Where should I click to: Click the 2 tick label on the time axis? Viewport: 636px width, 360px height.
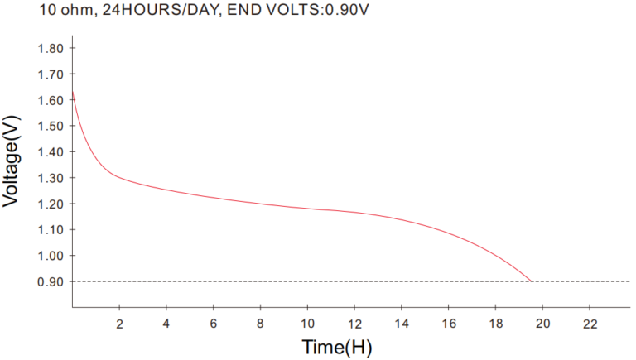click(119, 323)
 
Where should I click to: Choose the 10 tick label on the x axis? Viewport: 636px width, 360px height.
click(308, 323)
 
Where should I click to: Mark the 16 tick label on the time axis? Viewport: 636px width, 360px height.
click(449, 323)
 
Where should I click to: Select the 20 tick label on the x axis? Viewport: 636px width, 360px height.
click(543, 323)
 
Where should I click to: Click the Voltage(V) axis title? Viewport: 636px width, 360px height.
click(13, 161)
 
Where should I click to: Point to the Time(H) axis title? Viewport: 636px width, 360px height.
click(337, 347)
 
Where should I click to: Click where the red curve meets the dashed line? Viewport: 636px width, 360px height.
click(531, 281)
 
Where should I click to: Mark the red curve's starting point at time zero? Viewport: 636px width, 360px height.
click(73, 92)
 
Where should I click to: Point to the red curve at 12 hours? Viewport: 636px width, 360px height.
click(355, 212)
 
